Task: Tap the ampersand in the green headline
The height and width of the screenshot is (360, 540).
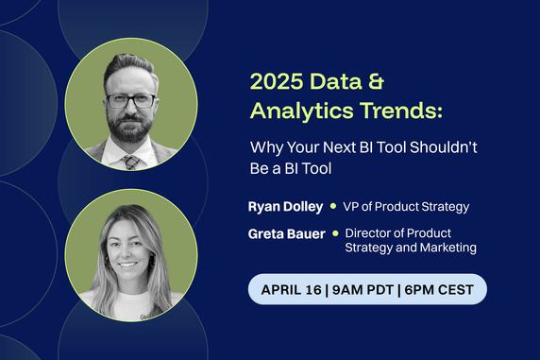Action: click(383, 82)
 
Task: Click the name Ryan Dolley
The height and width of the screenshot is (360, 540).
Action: click(285, 206)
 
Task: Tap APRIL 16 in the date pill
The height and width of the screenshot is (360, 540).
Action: click(292, 289)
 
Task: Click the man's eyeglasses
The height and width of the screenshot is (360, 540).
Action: click(130, 99)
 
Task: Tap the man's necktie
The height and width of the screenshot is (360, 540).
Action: click(131, 162)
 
